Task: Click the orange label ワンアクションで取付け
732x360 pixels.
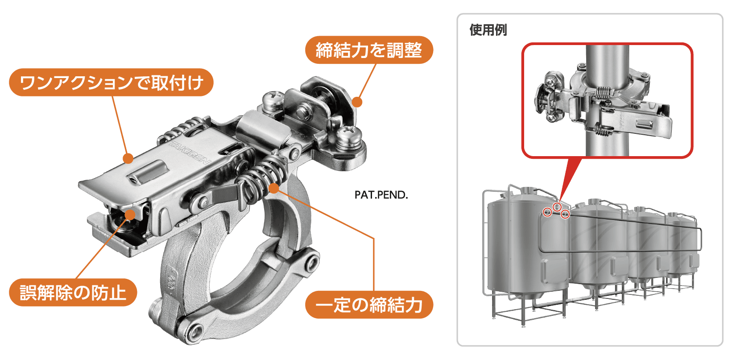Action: tap(111, 83)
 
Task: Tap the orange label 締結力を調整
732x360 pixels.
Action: tap(369, 50)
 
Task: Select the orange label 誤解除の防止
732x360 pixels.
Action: tap(73, 292)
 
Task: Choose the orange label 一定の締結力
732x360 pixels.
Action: tap(369, 305)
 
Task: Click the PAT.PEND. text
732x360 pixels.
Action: tap(381, 195)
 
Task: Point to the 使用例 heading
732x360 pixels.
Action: tap(488, 30)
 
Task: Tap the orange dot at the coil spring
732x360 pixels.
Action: tap(274, 188)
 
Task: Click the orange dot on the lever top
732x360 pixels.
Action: tap(128, 158)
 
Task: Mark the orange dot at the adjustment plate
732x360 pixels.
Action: tap(357, 102)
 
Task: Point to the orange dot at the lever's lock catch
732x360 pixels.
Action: tap(130, 215)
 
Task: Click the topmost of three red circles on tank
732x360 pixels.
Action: tap(557, 207)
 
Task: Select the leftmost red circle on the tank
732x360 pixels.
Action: tap(547, 212)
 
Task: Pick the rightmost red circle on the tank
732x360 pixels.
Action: tap(565, 214)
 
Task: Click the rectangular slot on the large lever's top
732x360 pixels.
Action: tap(149, 171)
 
